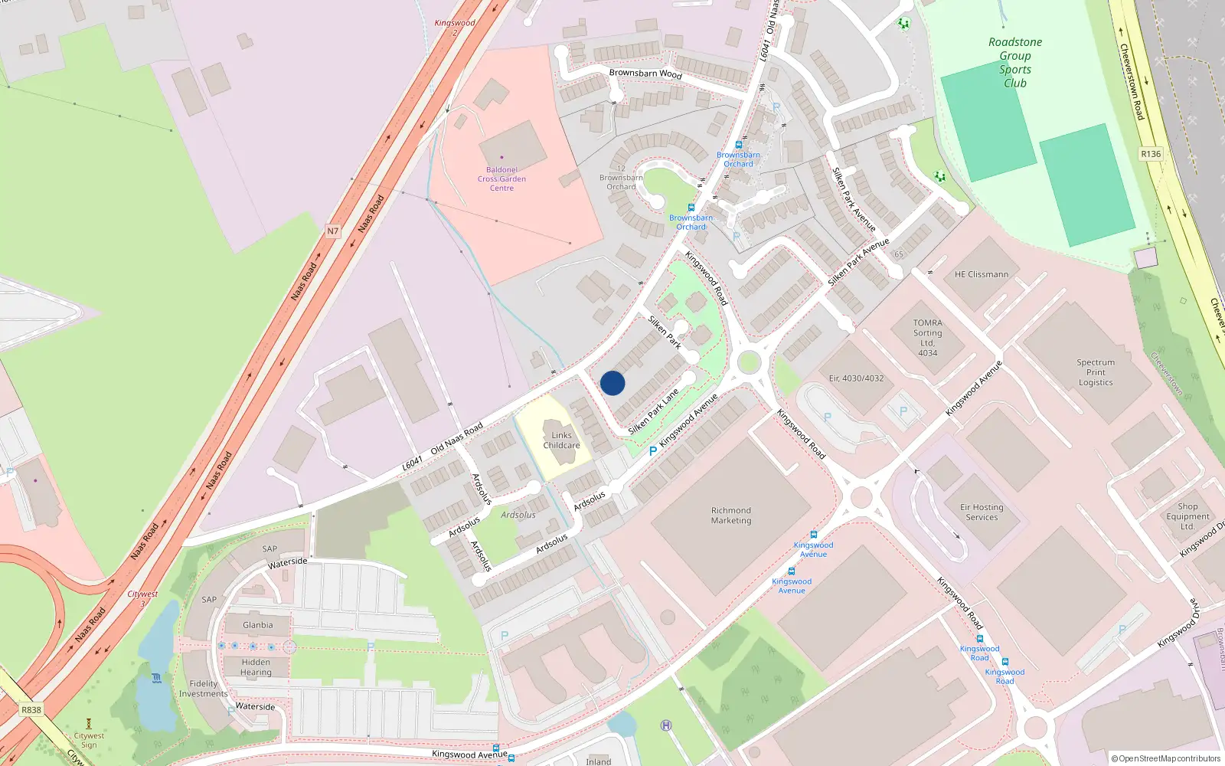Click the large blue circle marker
[612, 383]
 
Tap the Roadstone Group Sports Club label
[1014, 63]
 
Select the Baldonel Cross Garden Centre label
[501, 178]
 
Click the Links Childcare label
[561, 440]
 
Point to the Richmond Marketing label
[731, 516]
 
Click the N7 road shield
[332, 231]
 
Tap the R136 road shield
[1150, 154]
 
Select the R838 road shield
[31, 709]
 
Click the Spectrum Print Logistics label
[1095, 372]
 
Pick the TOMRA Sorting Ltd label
[927, 338]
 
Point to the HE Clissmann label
[981, 274]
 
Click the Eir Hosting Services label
[982, 512]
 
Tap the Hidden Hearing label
[256, 667]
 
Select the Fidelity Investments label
[203, 689]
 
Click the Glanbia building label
[257, 625]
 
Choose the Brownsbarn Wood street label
[645, 74]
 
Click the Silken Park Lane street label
[653, 412]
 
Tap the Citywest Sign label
[89, 740]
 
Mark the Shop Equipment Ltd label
[1187, 516]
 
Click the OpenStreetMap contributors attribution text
[1167, 758]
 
